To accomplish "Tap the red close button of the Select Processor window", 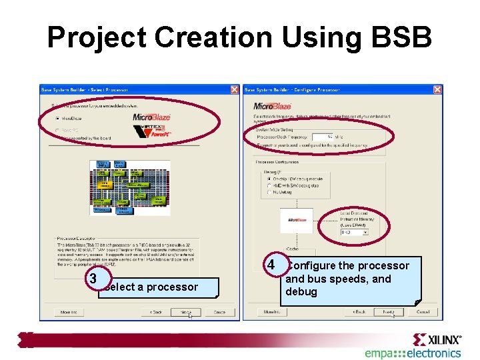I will coord(235,89).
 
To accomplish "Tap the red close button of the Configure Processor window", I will coord(437,89).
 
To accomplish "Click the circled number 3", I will coord(95,278).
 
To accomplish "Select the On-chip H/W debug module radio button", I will coord(268,179).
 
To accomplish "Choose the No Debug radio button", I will coord(268,192).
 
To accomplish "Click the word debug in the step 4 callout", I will coord(301,292).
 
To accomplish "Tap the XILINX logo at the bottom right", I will coord(437,339).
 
